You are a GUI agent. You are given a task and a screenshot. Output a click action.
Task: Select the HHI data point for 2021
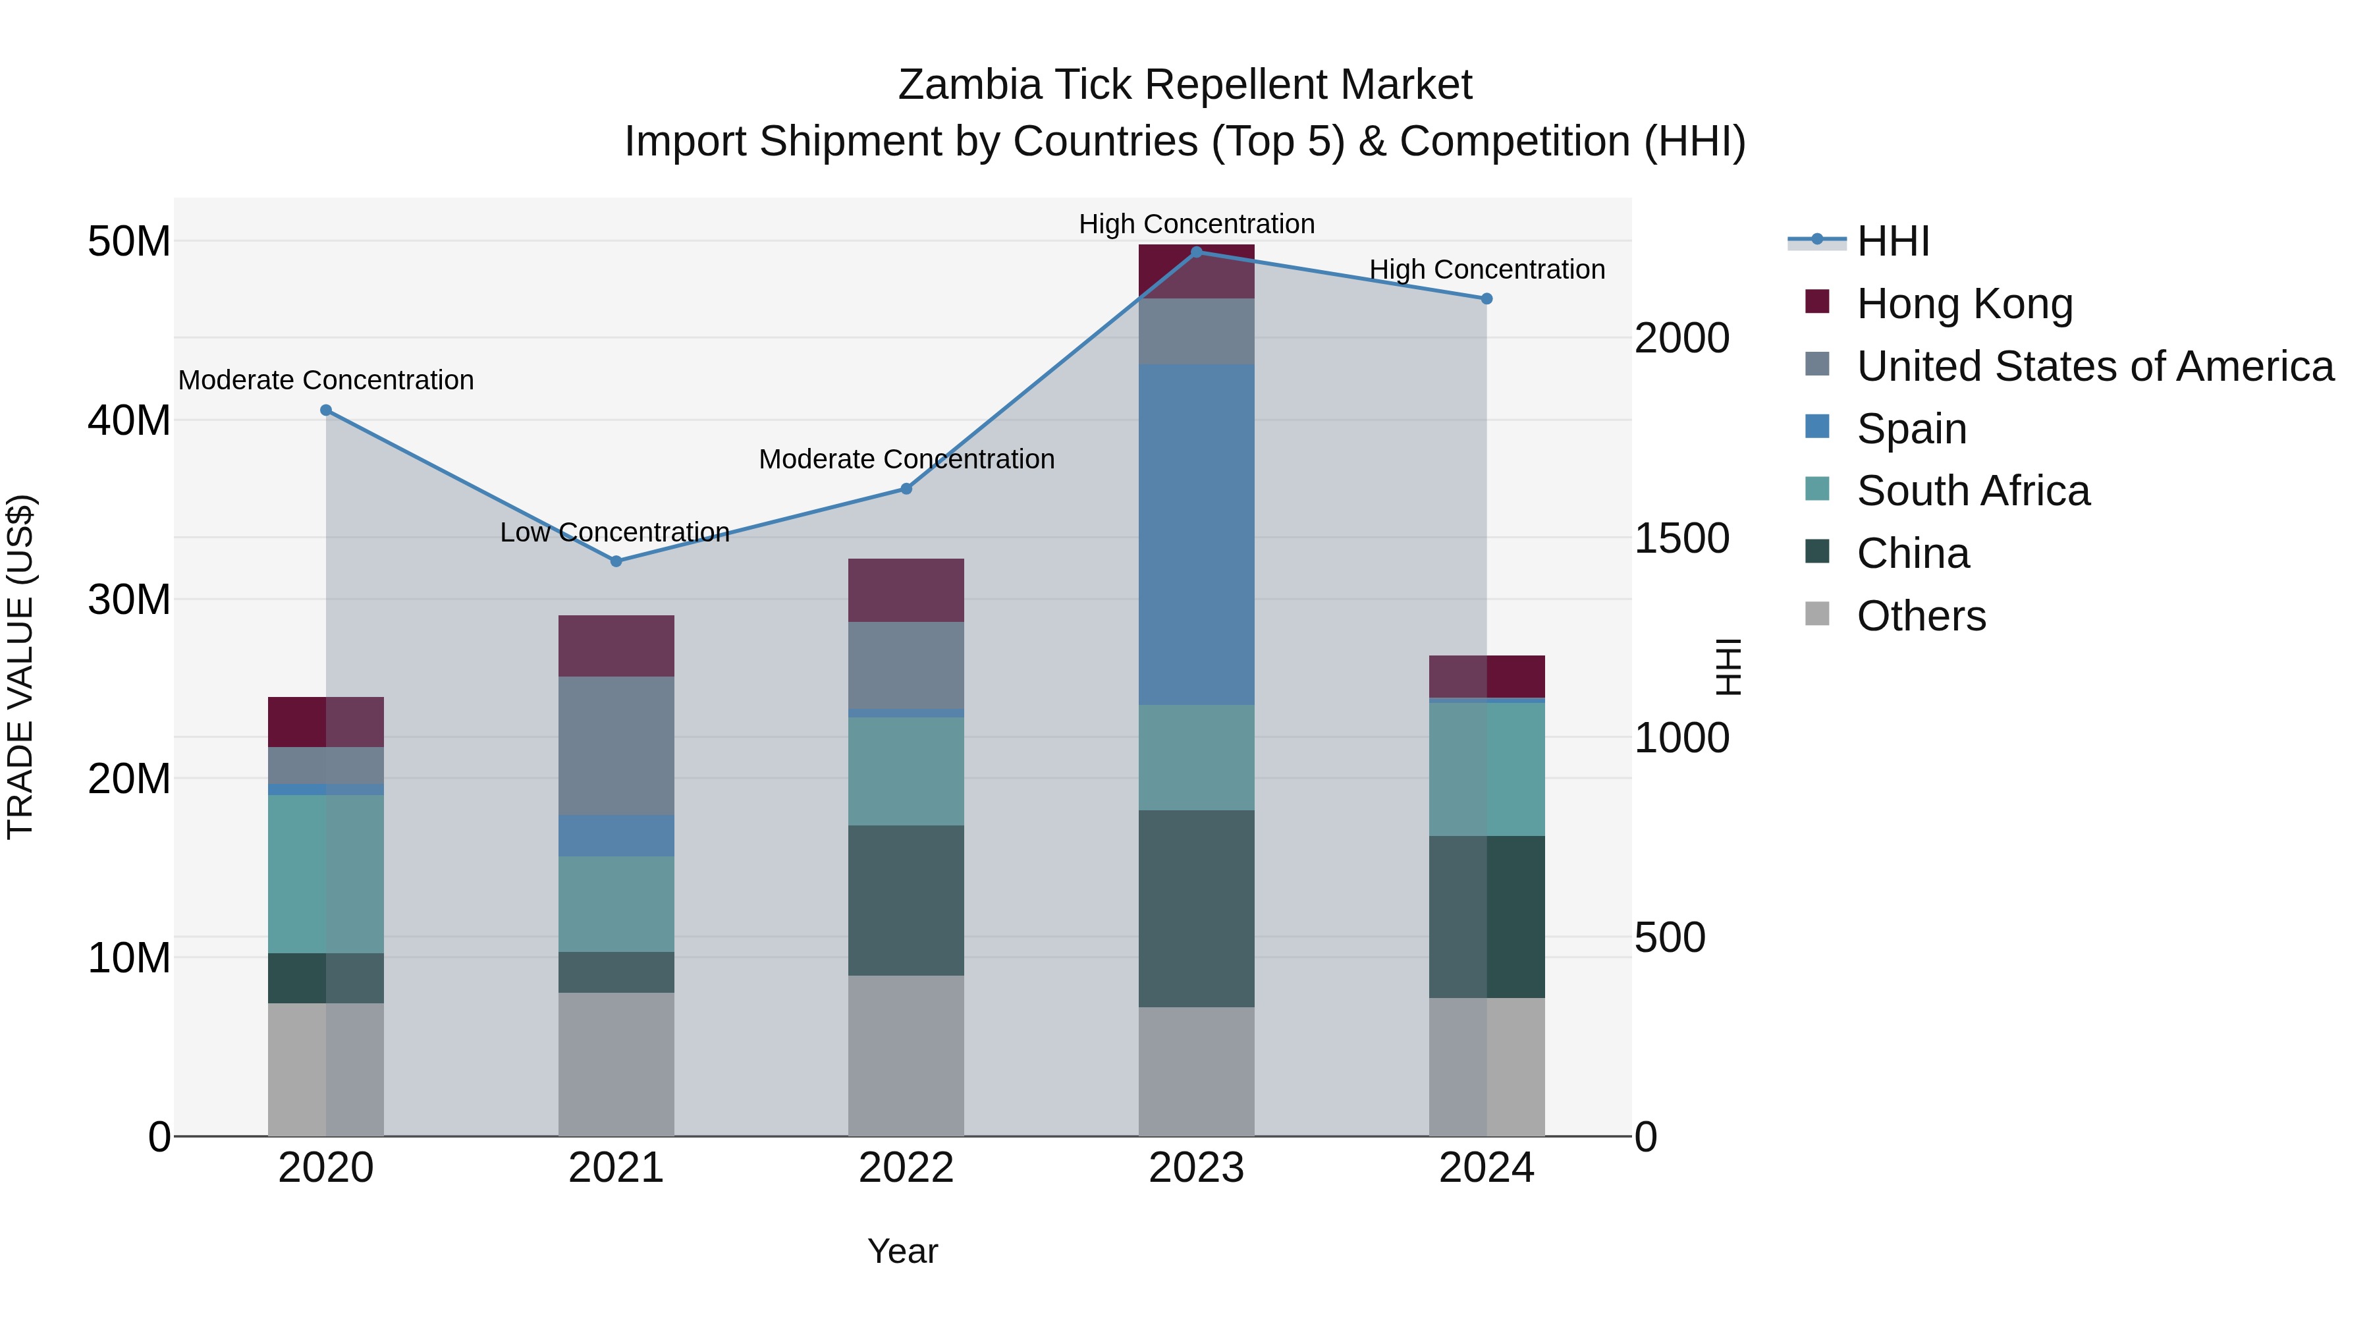(x=616, y=561)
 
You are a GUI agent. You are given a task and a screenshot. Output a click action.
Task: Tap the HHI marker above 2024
(x=1486, y=299)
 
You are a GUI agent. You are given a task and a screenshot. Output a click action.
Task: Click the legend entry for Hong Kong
(x=1963, y=304)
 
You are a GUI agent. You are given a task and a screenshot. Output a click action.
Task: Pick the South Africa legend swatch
(x=1817, y=489)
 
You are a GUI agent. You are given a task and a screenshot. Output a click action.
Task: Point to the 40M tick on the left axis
(x=129, y=421)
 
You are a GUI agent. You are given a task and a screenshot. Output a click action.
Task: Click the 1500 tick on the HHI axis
(x=1681, y=539)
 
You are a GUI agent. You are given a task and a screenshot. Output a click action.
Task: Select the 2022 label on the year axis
(x=906, y=1168)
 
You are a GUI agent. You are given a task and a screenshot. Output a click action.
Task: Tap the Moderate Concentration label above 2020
(x=326, y=380)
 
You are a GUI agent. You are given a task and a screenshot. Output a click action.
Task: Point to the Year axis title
(x=902, y=1251)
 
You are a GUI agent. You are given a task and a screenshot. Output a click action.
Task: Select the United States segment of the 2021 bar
(x=616, y=746)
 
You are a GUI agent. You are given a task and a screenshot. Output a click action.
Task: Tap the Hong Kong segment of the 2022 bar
(x=906, y=590)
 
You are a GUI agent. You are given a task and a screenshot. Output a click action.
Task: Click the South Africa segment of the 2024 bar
(x=1486, y=769)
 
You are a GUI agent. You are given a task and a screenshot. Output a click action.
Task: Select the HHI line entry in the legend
(x=1892, y=241)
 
